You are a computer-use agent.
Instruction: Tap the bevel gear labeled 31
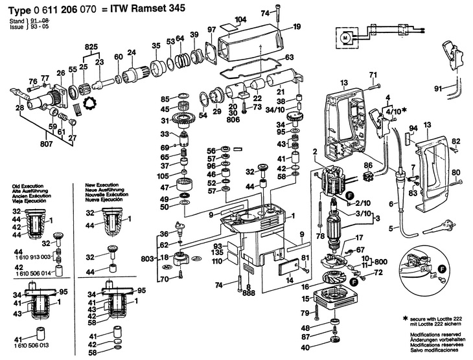[x=185, y=120]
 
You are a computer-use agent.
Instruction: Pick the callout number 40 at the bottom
[x=305, y=348]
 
